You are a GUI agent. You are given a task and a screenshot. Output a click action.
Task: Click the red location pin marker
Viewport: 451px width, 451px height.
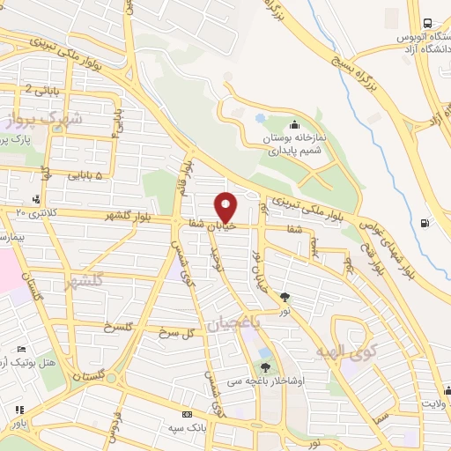click(x=226, y=207)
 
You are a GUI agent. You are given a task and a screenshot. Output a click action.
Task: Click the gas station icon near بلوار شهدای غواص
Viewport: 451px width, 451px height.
click(x=426, y=222)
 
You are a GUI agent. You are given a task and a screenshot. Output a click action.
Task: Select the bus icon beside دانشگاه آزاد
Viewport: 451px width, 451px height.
click(x=426, y=23)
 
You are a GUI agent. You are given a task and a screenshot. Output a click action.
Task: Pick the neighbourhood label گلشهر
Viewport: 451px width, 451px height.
click(x=85, y=281)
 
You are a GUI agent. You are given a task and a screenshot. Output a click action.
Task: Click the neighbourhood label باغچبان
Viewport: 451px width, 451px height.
click(x=234, y=324)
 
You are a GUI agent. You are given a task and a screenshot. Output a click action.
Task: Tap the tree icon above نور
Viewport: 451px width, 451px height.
click(x=284, y=297)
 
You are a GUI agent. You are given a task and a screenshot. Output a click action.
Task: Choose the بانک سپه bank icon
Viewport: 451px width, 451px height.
click(x=187, y=414)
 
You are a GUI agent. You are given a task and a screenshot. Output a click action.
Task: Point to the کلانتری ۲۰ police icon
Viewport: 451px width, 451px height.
click(x=35, y=199)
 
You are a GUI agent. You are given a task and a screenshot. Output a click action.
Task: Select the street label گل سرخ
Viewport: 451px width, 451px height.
click(x=177, y=334)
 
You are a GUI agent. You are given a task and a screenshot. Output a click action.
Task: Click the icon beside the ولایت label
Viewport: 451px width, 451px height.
click(x=447, y=390)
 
